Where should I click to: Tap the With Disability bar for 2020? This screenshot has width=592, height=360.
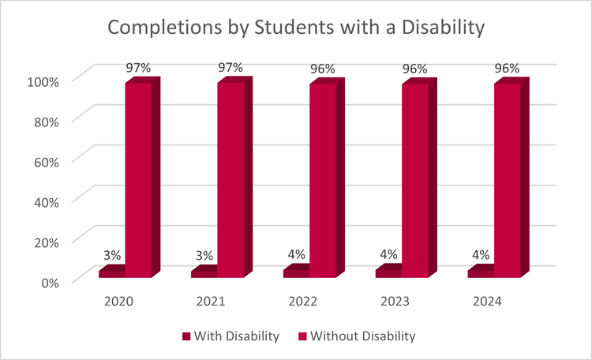coord(112,273)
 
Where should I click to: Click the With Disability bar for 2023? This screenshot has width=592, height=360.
coord(389,272)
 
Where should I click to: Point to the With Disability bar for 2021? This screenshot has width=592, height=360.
coord(204,273)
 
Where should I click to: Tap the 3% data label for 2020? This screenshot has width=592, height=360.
coord(111,255)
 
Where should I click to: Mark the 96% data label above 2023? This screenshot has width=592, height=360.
coord(415,69)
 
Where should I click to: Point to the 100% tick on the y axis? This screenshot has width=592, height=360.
coord(45,81)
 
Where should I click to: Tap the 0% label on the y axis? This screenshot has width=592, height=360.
coord(51,282)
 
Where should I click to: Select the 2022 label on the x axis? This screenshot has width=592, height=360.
coord(303,302)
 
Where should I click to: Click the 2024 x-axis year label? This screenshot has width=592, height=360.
coord(488,302)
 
